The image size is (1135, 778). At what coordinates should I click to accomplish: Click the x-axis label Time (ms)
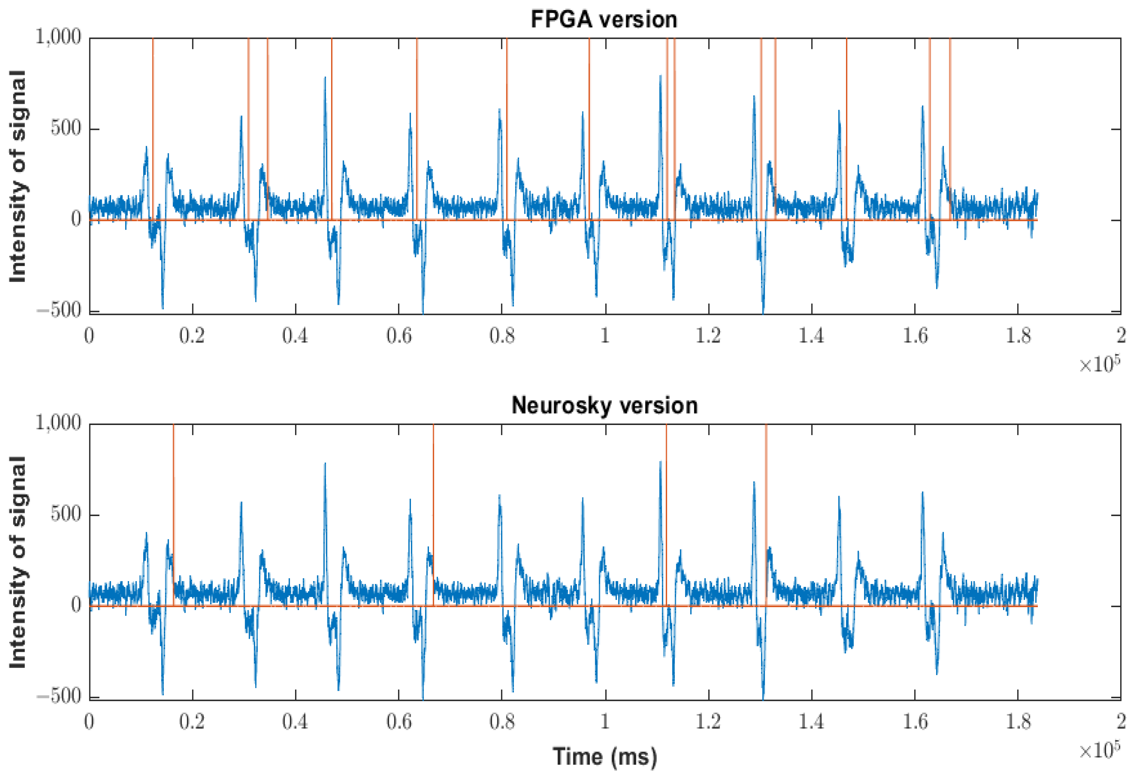click(605, 756)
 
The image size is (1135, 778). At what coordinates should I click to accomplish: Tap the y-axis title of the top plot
click(18, 176)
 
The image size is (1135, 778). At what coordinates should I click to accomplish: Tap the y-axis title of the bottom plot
click(18, 562)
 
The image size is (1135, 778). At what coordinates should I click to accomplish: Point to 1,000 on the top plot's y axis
click(58, 37)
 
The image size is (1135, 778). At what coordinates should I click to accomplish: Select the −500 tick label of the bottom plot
click(59, 696)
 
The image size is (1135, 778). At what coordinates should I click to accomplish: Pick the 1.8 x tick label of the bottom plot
click(1018, 722)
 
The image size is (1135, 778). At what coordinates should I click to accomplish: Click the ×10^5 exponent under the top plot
click(1099, 364)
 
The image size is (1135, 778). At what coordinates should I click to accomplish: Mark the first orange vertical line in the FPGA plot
click(153, 122)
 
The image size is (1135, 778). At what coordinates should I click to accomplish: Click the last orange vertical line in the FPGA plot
click(950, 122)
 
